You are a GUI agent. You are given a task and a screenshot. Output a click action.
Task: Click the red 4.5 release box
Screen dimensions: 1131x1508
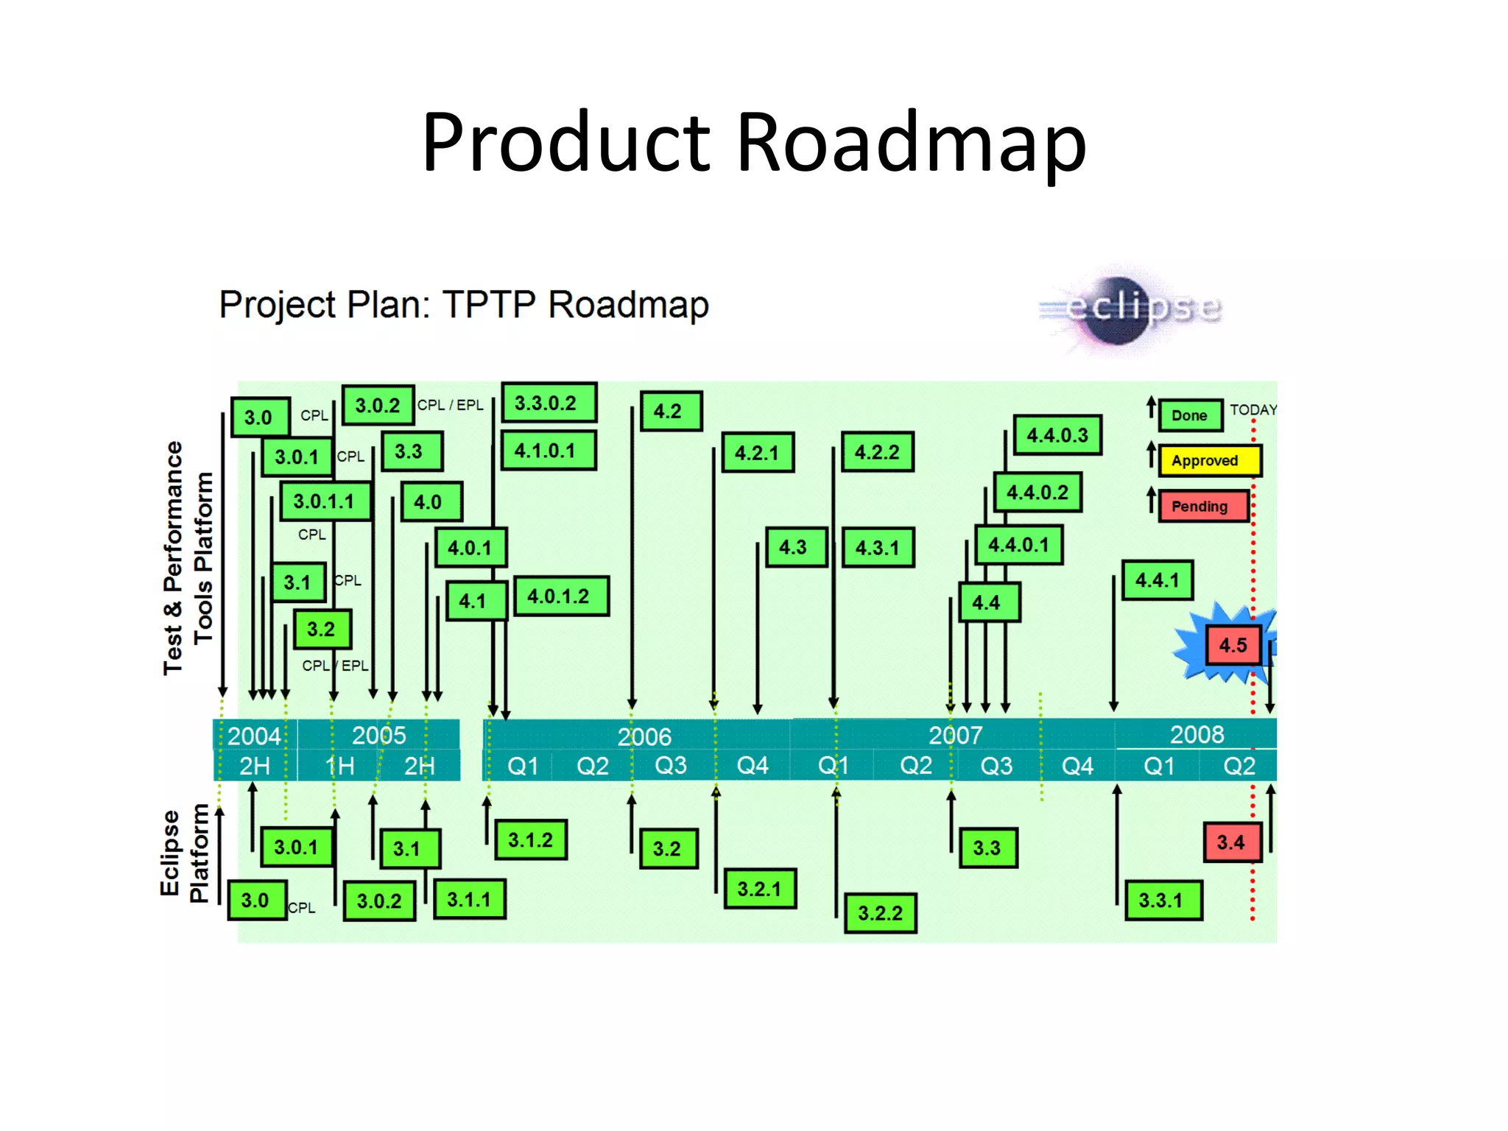[1233, 645]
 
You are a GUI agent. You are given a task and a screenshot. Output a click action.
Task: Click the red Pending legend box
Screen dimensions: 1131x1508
[1202, 507]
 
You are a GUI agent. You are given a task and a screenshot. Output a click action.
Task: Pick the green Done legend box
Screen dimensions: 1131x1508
[1190, 415]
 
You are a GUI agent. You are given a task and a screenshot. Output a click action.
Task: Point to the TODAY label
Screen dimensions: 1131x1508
[1253, 410]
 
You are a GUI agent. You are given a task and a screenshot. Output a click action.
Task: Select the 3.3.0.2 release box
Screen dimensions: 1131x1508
[548, 403]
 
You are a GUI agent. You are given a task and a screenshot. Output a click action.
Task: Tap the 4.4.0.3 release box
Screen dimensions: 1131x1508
[1057, 435]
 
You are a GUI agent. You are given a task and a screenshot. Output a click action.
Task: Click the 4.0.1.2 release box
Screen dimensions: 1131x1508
[560, 596]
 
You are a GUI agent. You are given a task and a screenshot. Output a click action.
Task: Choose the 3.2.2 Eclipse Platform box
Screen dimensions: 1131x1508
[880, 913]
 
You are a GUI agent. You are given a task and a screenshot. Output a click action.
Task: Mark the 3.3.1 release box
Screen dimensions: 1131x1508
[1163, 900]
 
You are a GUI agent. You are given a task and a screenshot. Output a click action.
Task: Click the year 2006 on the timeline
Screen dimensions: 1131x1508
[644, 736]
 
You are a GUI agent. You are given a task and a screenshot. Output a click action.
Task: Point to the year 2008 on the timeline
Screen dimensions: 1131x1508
[1197, 734]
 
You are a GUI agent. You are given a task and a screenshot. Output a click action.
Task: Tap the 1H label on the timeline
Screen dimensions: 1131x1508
[340, 767]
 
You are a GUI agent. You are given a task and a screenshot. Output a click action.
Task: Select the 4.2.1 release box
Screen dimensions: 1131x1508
[757, 452]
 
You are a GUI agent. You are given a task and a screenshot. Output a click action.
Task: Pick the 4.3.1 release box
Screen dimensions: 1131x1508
[878, 548]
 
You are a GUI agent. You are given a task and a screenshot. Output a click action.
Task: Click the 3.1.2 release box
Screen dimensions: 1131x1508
[530, 840]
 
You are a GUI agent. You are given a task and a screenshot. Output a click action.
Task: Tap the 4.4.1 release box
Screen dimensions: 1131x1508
[1157, 580]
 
